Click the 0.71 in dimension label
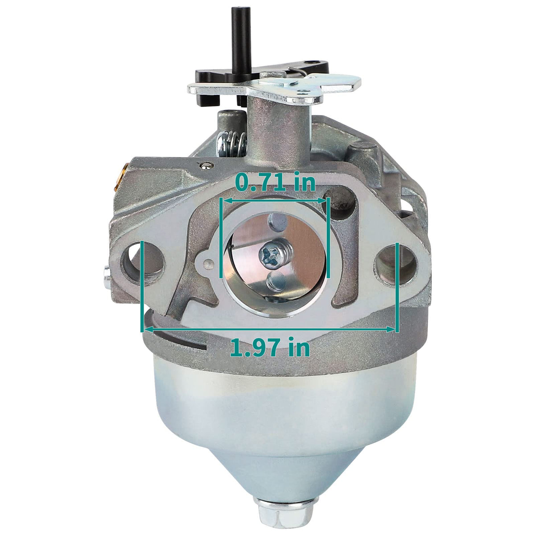click(275, 182)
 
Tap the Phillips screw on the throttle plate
click(273, 254)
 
